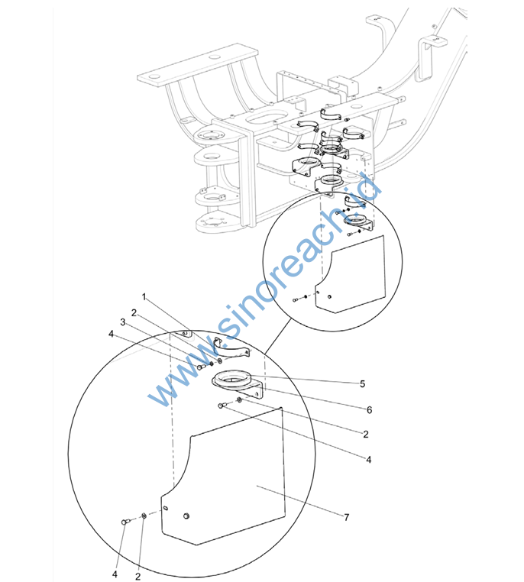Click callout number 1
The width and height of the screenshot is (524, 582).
[144, 297]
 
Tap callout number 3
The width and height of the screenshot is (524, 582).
[123, 322]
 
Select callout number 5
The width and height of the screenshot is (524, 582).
[363, 383]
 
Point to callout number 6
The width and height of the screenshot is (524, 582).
[369, 410]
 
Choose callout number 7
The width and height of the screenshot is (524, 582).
[347, 517]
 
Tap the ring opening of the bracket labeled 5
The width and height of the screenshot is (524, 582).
[234, 376]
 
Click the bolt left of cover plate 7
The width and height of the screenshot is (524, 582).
[125, 522]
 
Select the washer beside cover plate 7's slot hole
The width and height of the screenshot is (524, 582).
[144, 516]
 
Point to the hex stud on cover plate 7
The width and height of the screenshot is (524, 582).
[186, 516]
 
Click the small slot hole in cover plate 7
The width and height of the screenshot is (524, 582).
[166, 508]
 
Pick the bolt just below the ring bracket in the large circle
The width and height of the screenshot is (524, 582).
[222, 406]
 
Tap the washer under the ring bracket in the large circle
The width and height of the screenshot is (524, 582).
[239, 399]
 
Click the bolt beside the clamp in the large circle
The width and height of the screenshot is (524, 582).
[200, 367]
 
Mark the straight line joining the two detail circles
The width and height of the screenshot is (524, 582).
[277, 337]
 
